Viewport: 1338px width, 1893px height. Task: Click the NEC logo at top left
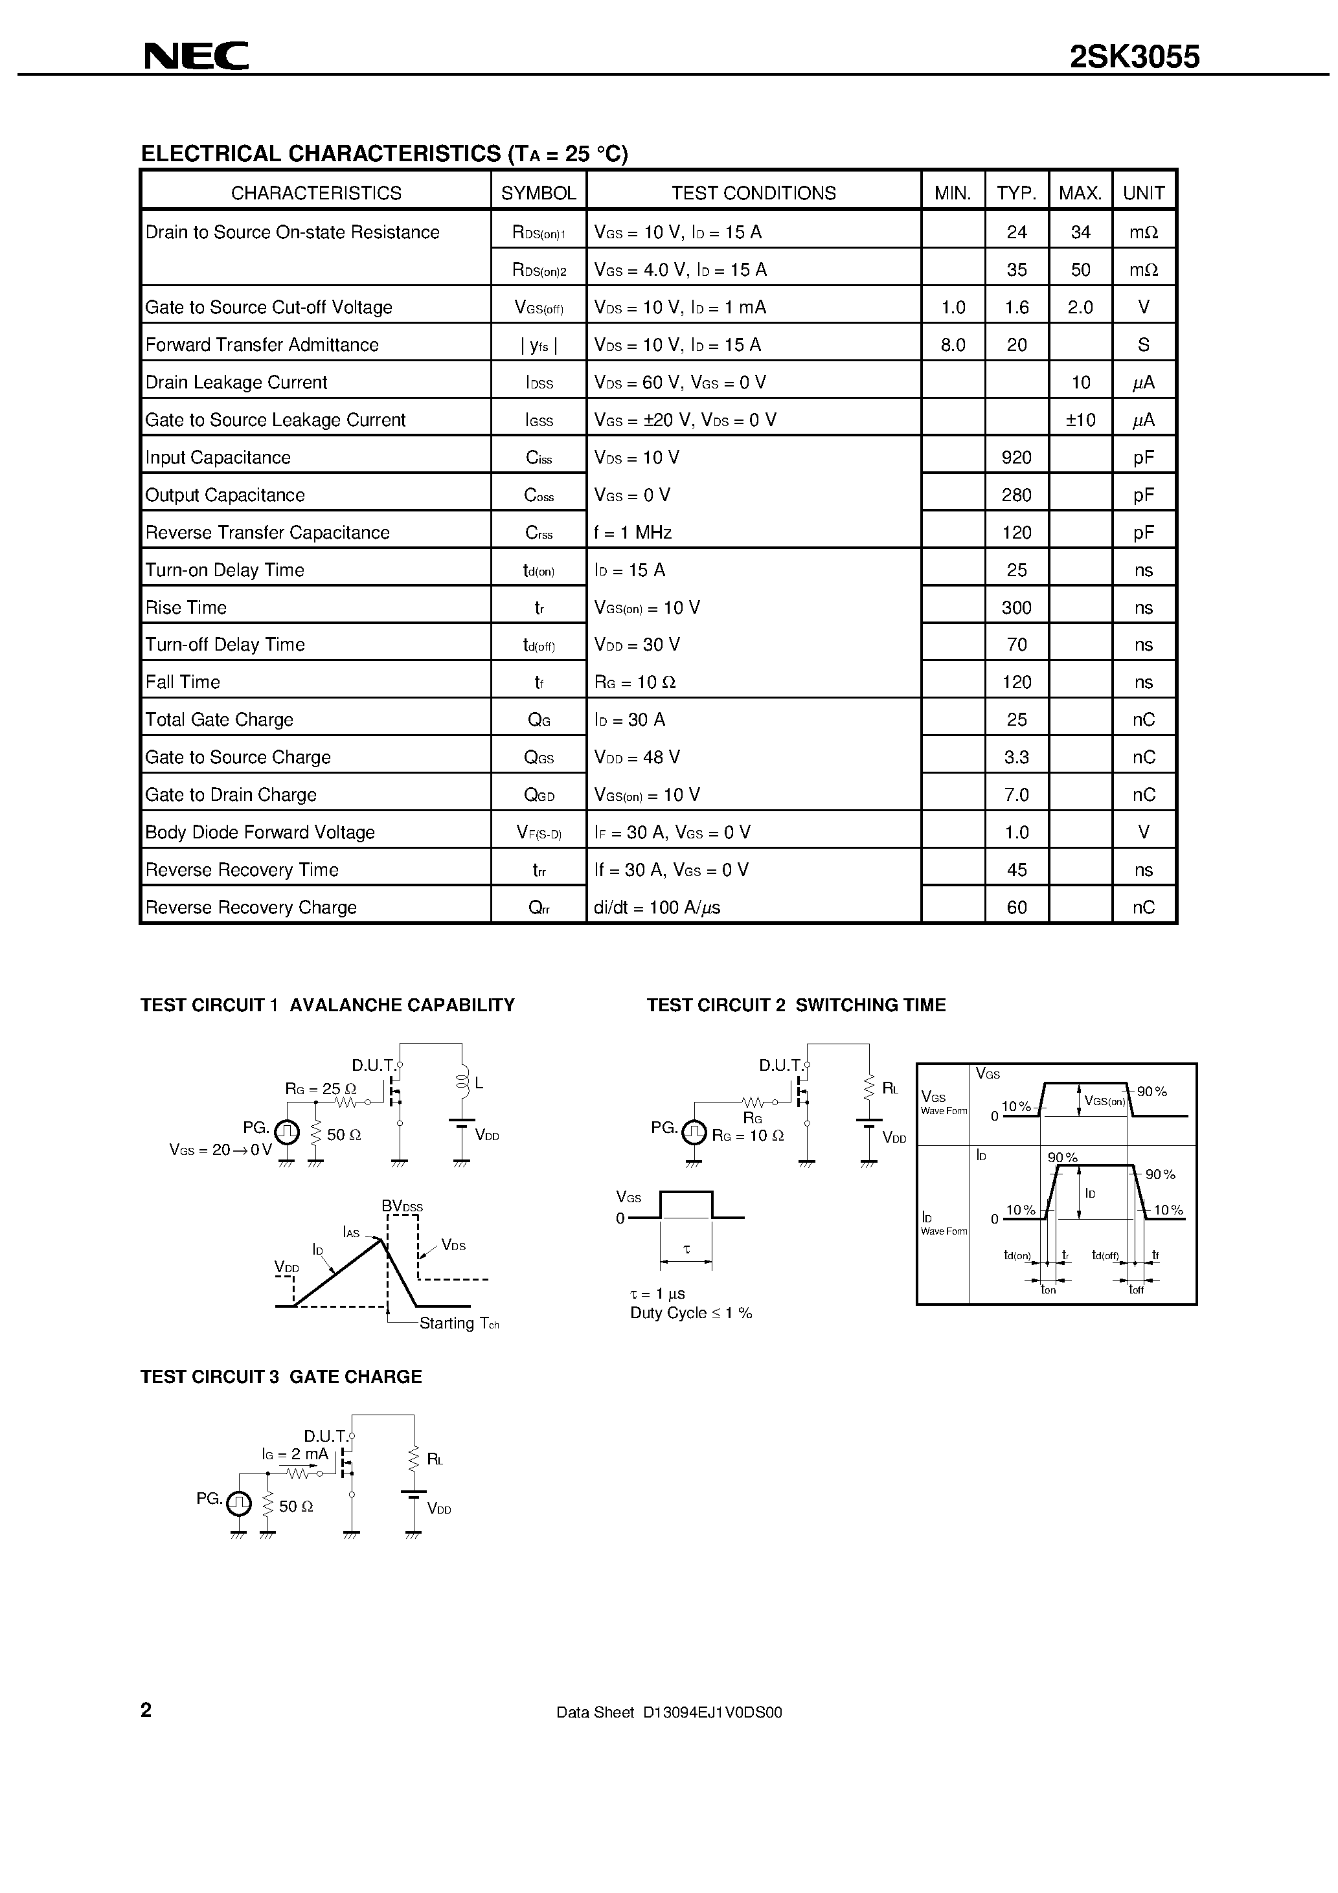196,56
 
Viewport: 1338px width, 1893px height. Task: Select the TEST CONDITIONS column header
753,193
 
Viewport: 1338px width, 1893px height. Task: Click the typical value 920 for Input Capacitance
1016,458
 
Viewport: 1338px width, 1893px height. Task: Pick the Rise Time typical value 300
1016,608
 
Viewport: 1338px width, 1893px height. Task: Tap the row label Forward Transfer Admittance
262,344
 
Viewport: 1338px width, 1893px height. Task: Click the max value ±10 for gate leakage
1080,420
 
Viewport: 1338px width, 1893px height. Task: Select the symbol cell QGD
539,795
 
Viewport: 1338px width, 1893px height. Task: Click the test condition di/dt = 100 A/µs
657,908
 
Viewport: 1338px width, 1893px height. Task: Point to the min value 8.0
953,344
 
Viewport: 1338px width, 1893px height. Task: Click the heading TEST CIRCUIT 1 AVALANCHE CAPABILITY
328,1005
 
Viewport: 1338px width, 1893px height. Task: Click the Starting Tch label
459,1323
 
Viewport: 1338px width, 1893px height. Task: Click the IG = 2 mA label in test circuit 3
295,1454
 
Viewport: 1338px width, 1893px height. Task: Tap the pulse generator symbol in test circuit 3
238,1504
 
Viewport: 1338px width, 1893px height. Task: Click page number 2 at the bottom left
146,1710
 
